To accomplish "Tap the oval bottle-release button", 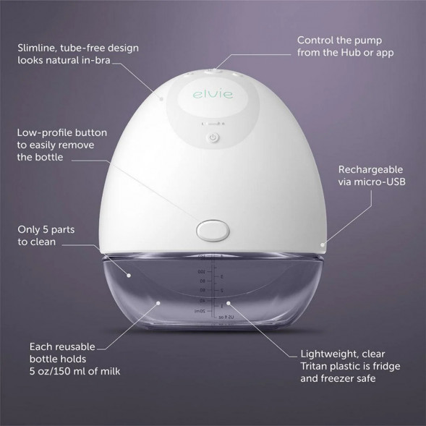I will (x=213, y=229).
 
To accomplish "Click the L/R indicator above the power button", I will (x=213, y=123).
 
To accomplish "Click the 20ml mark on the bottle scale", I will (x=191, y=310).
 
